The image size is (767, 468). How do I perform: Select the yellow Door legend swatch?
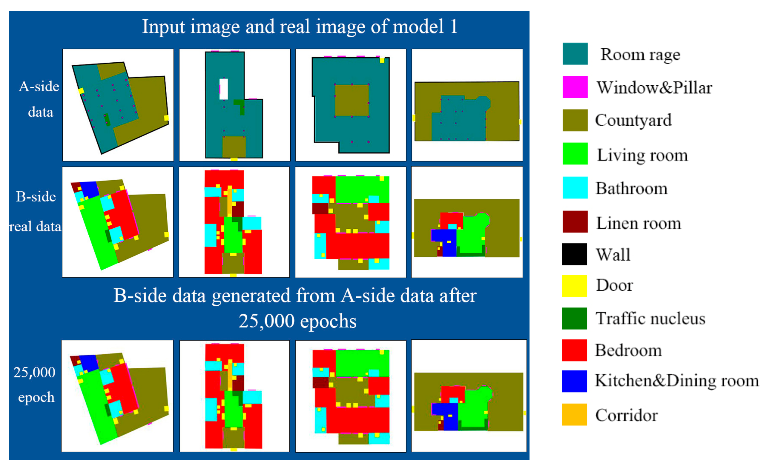tap(574, 286)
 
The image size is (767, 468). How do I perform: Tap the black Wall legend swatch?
tap(574, 254)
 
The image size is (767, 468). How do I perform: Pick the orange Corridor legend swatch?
tap(574, 414)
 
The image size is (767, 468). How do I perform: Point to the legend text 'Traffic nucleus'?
tap(650, 318)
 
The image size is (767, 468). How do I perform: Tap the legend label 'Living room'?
tap(642, 155)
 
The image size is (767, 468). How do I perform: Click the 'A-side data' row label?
tap(39, 99)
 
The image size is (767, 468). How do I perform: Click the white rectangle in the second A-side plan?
tap(224, 89)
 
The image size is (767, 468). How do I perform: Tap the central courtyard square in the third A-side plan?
tap(352, 100)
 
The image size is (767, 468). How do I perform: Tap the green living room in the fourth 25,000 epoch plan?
tap(473, 411)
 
